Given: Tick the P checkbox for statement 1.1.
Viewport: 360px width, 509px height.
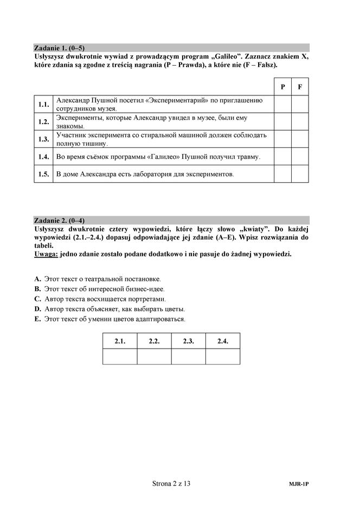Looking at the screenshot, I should tap(282, 104).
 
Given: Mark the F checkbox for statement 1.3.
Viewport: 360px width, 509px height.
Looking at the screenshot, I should tap(300, 139).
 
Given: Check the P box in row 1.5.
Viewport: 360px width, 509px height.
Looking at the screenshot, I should tap(282, 174).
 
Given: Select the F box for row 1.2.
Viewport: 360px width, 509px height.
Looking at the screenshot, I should tap(300, 121).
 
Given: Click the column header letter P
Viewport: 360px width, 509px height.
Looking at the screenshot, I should tap(282, 87).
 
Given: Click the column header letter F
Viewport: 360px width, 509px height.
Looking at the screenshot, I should tap(300, 87).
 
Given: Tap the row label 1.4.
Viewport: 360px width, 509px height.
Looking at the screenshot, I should tap(44, 157).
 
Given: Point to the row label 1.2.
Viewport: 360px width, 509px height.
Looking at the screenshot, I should tap(44, 121).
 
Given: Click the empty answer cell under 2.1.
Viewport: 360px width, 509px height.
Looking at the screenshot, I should tap(120, 356).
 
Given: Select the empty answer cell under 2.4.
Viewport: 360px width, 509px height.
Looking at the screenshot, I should tap(223, 356).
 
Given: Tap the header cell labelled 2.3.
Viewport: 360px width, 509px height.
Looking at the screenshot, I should tap(188, 341).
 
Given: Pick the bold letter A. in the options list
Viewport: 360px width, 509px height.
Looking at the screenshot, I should tap(37, 279).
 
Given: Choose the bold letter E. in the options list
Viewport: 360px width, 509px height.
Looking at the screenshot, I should tap(37, 319).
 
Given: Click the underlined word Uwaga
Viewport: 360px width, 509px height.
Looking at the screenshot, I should tap(45, 254).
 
